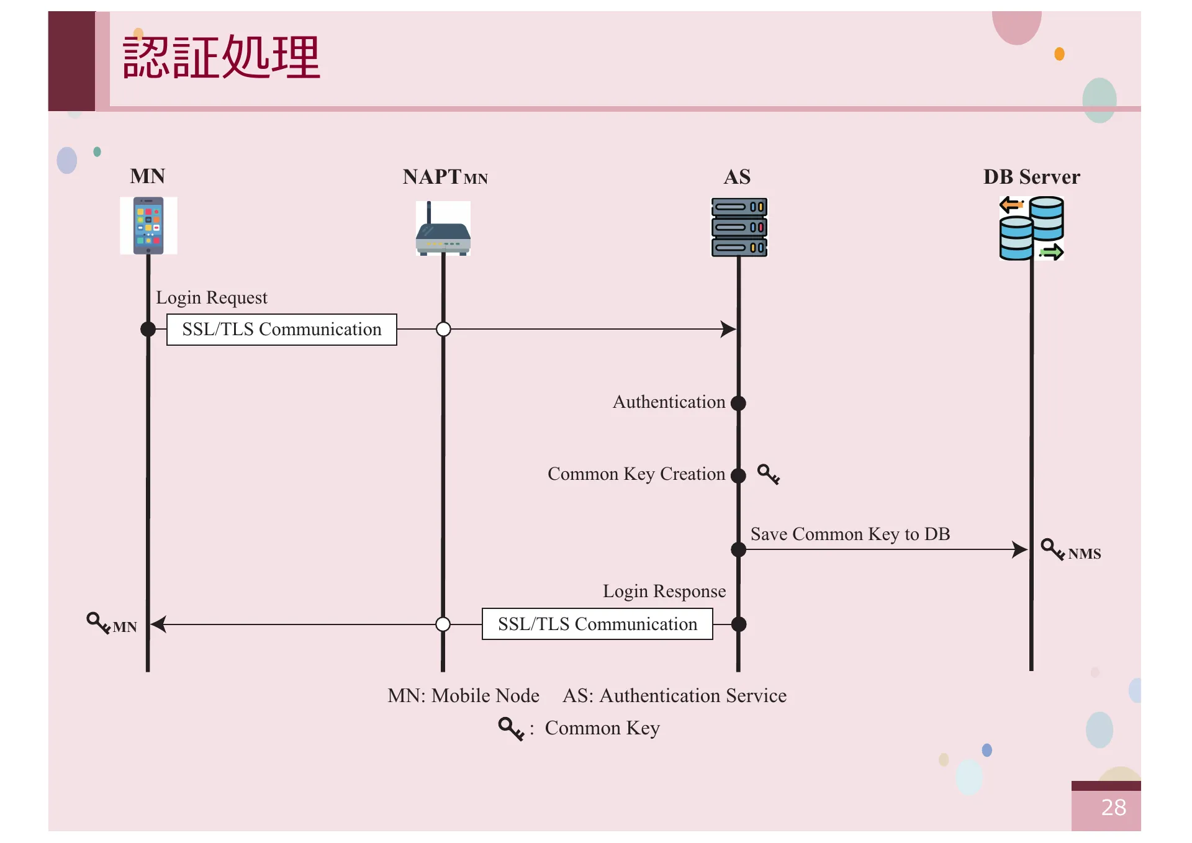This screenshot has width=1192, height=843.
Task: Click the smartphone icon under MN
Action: tap(148, 225)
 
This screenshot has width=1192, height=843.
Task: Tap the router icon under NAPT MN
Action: tap(443, 228)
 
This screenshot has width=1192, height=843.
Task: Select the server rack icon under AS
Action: tap(739, 227)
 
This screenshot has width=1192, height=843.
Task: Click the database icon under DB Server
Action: tap(1031, 228)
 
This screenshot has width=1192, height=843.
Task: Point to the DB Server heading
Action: tap(1031, 177)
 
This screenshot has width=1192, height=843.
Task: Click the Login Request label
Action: tap(211, 297)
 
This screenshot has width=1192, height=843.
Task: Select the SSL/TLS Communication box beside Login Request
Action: tap(281, 329)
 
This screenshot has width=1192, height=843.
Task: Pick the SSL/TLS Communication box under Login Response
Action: tap(597, 624)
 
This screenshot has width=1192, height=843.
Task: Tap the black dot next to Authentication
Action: tap(738, 403)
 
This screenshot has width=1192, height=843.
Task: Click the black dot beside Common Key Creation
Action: tap(738, 476)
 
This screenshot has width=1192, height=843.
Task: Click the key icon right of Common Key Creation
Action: tap(769, 474)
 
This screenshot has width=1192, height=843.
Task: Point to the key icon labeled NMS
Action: tap(1052, 549)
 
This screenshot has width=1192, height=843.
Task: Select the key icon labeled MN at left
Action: tap(98, 622)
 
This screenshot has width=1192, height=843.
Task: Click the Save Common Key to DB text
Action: tap(850, 534)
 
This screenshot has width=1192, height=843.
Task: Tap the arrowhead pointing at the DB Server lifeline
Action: tap(1019, 549)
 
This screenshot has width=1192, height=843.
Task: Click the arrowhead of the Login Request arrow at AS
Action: tap(728, 329)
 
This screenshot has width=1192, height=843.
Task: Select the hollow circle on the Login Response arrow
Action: tap(443, 624)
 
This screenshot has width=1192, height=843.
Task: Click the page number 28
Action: tap(1113, 808)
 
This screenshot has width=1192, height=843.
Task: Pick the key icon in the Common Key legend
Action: tap(511, 728)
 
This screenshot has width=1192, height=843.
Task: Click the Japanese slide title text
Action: tap(221, 57)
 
